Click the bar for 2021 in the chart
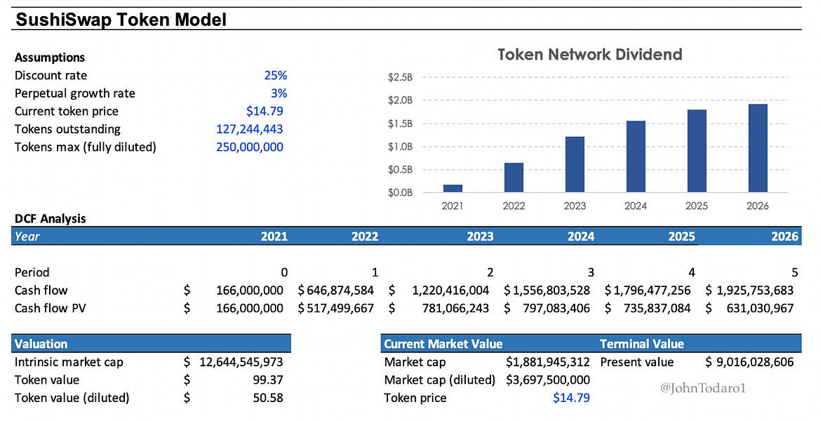(453, 188)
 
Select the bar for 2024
(636, 156)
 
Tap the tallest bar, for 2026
(758, 148)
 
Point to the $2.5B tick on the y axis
(401, 77)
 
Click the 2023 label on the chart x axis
(575, 206)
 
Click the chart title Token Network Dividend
(589, 55)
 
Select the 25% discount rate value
(275, 76)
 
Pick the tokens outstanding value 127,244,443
(250, 129)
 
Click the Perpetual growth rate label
(75, 93)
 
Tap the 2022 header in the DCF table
(365, 236)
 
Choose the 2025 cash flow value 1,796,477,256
(647, 290)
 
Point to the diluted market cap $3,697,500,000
(547, 380)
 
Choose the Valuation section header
(41, 344)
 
